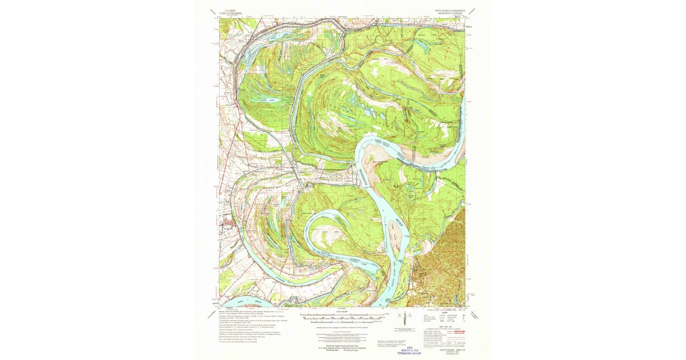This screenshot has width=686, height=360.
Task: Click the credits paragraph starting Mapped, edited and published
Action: (246, 310)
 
